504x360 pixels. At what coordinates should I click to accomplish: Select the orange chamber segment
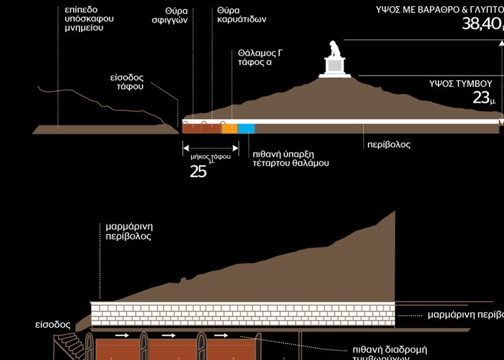229,129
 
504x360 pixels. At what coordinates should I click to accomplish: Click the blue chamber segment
246,129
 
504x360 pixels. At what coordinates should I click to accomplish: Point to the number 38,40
481,25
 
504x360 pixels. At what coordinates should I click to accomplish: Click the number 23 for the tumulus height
481,97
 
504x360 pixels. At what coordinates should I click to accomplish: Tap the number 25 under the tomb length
198,171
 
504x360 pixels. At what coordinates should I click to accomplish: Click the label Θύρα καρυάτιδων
241,15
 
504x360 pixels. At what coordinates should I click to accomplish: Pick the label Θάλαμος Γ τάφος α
260,57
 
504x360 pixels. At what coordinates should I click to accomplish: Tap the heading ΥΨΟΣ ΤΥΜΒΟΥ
460,83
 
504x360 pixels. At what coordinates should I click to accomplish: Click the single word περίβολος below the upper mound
389,144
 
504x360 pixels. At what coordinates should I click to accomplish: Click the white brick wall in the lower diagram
243,314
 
